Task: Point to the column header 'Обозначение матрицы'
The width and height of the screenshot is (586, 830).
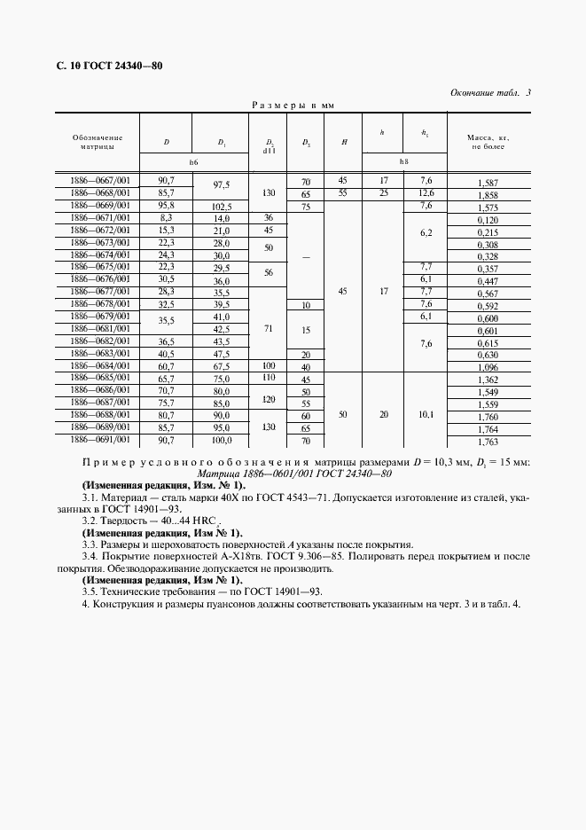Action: coord(98,142)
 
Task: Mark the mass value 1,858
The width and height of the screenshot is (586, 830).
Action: coord(488,193)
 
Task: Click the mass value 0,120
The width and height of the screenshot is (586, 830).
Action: coord(488,218)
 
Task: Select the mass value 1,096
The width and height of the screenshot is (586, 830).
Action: coord(488,366)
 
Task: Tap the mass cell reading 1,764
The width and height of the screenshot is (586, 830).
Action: coord(488,428)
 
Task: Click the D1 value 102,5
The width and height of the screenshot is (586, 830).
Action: coord(222,206)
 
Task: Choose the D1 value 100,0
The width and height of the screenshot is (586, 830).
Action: coord(222,440)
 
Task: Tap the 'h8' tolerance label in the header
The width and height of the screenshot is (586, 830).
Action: coord(403,162)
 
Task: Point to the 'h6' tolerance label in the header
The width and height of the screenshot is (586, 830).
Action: coord(194,162)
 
